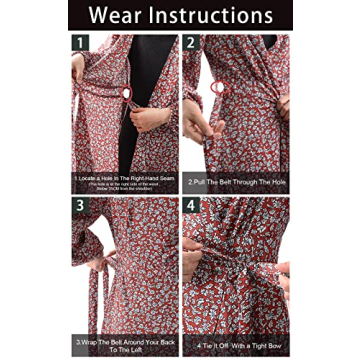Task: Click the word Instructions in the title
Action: pyautogui.click(x=214, y=16)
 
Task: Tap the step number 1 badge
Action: pyautogui.click(x=80, y=45)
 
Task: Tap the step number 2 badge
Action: pyautogui.click(x=191, y=45)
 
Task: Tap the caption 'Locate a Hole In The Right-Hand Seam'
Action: pyautogui.click(x=124, y=177)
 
